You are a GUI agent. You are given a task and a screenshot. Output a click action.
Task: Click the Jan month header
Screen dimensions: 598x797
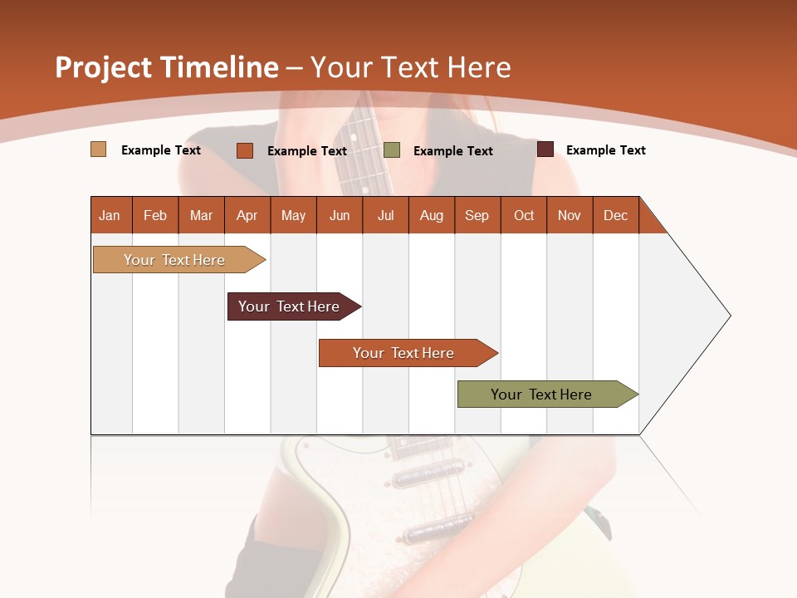pos(110,215)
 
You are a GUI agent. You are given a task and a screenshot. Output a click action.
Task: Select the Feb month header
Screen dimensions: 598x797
pos(155,215)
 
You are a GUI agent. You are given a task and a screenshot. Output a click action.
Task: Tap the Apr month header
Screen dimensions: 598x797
pos(247,215)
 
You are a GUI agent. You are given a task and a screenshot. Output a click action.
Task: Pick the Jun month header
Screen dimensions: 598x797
pos(340,215)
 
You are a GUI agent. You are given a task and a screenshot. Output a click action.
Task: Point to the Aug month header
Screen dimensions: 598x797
pos(431,215)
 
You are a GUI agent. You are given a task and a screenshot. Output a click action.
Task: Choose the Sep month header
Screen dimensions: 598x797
pos(477,215)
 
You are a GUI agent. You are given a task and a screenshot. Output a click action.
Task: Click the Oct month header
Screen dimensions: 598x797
pos(524,215)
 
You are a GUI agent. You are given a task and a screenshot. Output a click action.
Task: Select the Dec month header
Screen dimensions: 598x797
pos(615,215)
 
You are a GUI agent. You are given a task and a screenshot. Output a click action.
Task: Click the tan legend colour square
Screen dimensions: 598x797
pos(98,149)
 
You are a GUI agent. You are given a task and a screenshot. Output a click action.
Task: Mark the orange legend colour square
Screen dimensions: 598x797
pos(244,150)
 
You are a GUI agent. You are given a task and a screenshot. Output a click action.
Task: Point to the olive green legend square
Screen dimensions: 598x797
pos(392,150)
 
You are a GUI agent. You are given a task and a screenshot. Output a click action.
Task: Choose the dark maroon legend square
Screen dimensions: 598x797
pos(545,149)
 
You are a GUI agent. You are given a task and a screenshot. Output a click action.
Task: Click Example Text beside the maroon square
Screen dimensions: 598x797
pos(605,150)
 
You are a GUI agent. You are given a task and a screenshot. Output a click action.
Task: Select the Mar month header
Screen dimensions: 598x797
pos(201,215)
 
